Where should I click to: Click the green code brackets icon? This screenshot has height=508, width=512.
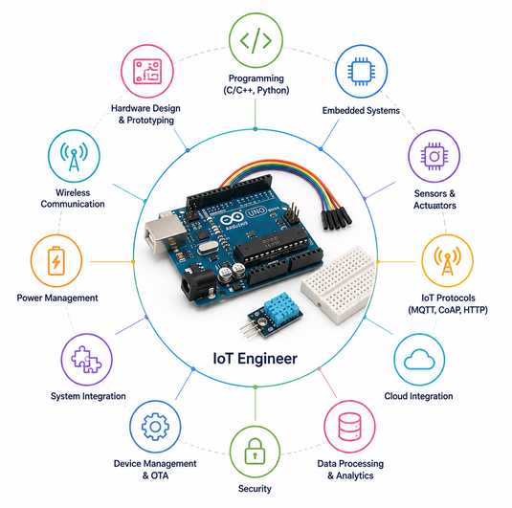pyautogui.click(x=256, y=40)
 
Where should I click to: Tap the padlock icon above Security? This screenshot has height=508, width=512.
pyautogui.click(x=255, y=451)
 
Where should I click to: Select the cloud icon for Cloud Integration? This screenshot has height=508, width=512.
pyautogui.click(x=419, y=359)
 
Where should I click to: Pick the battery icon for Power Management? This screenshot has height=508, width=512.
pyautogui.click(x=56, y=261)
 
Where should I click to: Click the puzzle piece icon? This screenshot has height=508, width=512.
pyautogui.click(x=86, y=359)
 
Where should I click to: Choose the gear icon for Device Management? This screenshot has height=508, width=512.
pyautogui.click(x=155, y=427)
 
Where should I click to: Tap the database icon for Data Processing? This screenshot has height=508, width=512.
pyautogui.click(x=349, y=427)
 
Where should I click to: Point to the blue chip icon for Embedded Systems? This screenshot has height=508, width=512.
pyautogui.click(x=361, y=72)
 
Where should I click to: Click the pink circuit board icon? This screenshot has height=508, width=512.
pyautogui.click(x=147, y=71)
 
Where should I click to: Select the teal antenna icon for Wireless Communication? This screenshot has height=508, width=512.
pyautogui.click(x=74, y=156)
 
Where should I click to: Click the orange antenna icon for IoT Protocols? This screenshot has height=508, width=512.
pyautogui.click(x=447, y=260)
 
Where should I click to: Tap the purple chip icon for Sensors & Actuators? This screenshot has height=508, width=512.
pyautogui.click(x=434, y=156)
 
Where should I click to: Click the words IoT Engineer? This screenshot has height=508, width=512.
pyautogui.click(x=255, y=359)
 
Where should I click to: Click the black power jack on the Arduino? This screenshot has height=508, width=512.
pyautogui.click(x=198, y=284)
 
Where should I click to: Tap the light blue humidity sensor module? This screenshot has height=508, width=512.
pyautogui.click(x=280, y=307)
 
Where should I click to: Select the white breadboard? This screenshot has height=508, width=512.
pyautogui.click(x=339, y=285)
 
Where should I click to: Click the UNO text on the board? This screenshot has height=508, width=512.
pyautogui.click(x=256, y=212)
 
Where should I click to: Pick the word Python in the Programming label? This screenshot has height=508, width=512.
pyautogui.click(x=273, y=90)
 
